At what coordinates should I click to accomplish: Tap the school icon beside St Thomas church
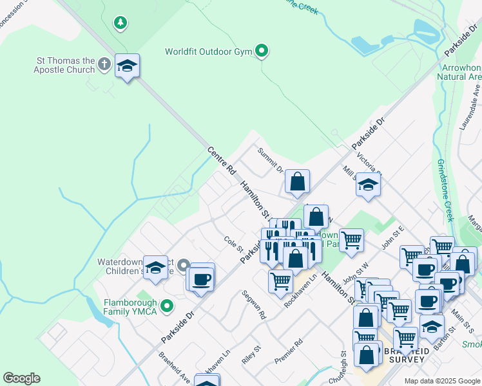coord(128,66)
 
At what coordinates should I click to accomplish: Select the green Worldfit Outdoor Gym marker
coord(262,50)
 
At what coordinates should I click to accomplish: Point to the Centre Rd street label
coord(221,160)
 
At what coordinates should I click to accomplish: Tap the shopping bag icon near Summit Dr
coord(297,182)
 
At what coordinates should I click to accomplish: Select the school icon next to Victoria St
coord(368,185)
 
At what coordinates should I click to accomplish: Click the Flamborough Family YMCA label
coord(131,306)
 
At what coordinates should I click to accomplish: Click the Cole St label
coord(233,244)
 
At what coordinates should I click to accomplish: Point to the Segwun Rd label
coord(254,304)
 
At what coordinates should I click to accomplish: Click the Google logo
coord(21,378)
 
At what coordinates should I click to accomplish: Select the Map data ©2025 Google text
coord(442,381)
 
